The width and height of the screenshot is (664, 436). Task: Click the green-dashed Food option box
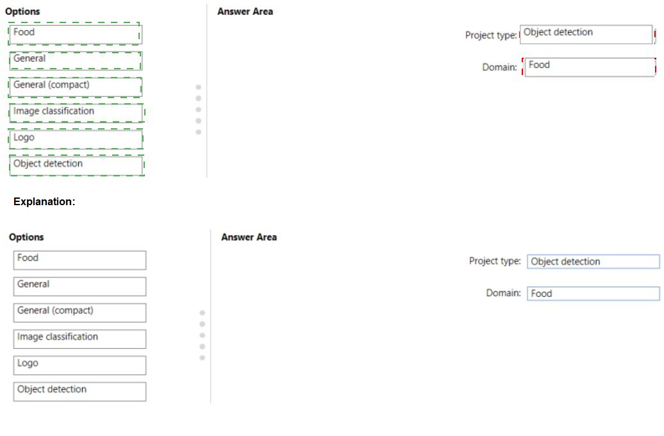(75, 34)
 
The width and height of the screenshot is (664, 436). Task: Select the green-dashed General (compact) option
(75, 87)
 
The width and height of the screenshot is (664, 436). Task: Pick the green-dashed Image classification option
(76, 113)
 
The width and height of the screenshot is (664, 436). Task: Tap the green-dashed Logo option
(76, 139)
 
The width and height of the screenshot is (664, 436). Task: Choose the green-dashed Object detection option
(77, 165)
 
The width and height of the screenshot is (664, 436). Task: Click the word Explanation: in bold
(44, 201)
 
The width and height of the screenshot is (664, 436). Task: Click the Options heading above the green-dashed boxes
(22, 12)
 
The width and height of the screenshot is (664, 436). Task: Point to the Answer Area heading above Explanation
(245, 12)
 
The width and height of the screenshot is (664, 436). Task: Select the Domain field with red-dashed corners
(589, 67)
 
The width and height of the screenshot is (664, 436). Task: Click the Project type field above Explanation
(587, 35)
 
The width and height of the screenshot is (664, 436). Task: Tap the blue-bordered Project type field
(593, 262)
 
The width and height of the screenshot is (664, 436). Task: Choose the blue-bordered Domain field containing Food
(593, 294)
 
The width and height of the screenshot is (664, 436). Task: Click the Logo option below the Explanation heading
(79, 365)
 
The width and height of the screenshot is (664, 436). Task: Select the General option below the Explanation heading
(79, 287)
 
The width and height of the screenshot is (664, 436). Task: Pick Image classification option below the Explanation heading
(79, 339)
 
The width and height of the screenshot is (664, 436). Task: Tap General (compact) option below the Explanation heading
(79, 313)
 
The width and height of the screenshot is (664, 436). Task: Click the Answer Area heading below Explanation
(249, 237)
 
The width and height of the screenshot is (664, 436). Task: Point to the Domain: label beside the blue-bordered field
(504, 293)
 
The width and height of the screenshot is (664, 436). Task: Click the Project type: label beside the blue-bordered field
(495, 261)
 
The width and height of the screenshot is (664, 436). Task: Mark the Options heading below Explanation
(26, 237)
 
